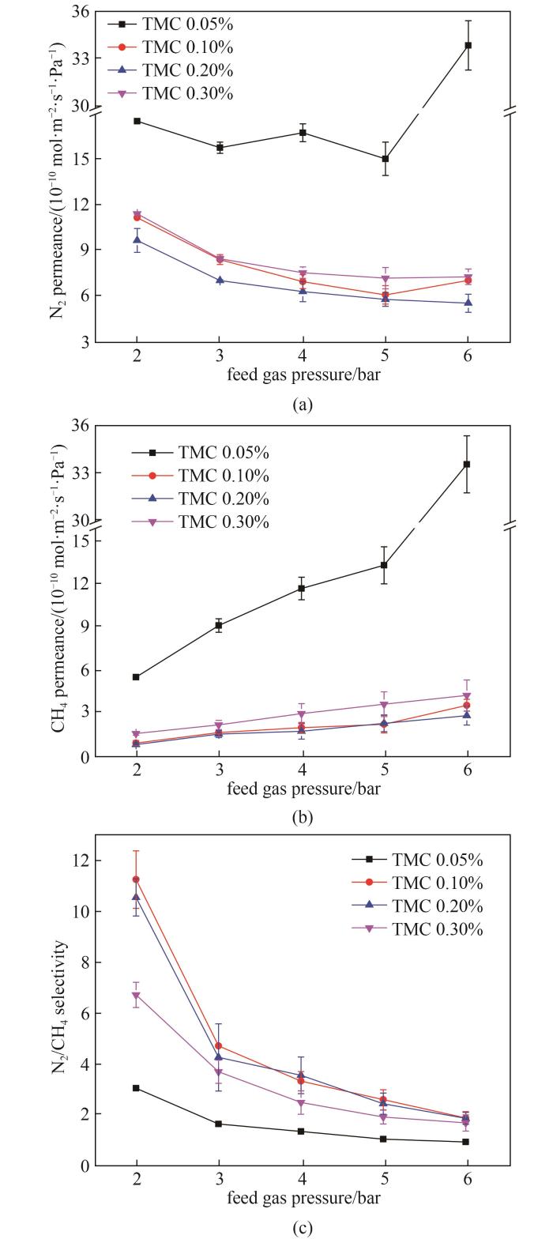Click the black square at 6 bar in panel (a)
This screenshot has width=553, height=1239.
(x=468, y=45)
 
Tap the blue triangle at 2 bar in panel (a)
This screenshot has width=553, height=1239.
(x=137, y=239)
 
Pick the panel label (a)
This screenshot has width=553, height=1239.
(x=302, y=405)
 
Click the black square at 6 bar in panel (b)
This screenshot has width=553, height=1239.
(x=467, y=464)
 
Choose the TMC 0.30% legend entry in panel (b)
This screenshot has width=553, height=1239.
(x=224, y=522)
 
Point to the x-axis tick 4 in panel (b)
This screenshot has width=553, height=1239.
(x=302, y=770)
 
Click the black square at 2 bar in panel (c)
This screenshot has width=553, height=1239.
(x=137, y=1088)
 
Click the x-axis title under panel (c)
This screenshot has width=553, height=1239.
(x=303, y=1198)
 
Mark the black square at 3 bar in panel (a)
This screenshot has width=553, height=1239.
(x=220, y=148)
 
